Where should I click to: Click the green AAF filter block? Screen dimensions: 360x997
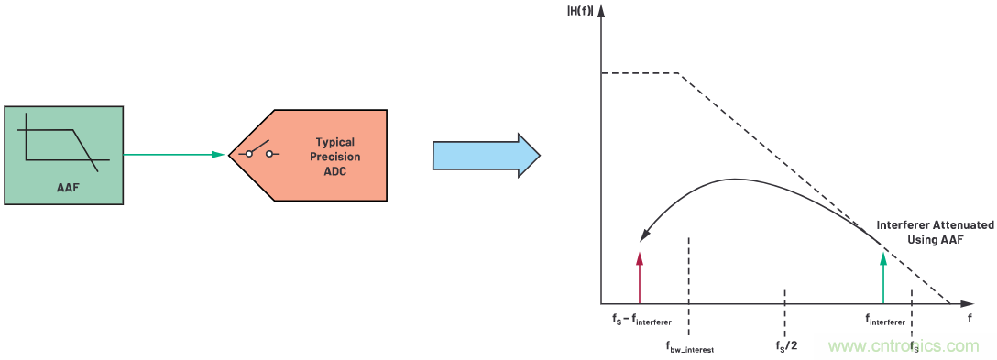tap(63, 154)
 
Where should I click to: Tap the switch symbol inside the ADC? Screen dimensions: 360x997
tap(259, 152)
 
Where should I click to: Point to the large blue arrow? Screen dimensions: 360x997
tap(486, 155)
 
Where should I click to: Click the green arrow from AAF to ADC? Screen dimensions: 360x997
tap(174, 155)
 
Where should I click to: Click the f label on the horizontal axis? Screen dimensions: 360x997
tap(970, 318)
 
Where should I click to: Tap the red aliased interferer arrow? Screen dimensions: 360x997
tap(640, 275)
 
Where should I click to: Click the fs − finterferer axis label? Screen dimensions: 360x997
tap(641, 320)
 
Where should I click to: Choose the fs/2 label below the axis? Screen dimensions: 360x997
tap(785, 346)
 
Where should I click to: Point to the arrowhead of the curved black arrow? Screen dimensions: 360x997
tap(645, 240)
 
